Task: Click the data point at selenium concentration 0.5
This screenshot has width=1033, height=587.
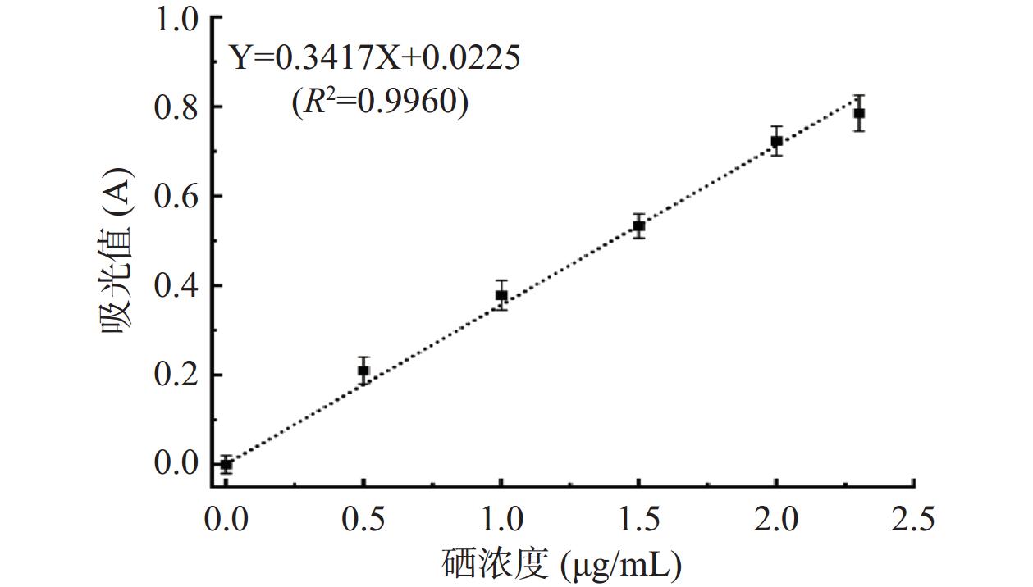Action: pyautogui.click(x=363, y=371)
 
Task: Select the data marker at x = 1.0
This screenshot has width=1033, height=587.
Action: pyautogui.click(x=501, y=296)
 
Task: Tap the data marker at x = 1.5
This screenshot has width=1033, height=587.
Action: pyautogui.click(x=639, y=225)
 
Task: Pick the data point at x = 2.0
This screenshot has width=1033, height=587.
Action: pyautogui.click(x=776, y=141)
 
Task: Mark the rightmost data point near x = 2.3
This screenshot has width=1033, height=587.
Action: pyautogui.click(x=859, y=113)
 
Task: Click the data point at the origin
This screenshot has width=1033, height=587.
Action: pyautogui.click(x=226, y=465)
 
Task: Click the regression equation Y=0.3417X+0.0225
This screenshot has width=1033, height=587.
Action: pyautogui.click(x=374, y=57)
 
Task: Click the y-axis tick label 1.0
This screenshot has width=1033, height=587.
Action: pyautogui.click(x=176, y=18)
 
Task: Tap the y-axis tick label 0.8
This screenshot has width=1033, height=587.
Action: pyautogui.click(x=176, y=107)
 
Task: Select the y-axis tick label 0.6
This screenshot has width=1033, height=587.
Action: pyautogui.click(x=176, y=197)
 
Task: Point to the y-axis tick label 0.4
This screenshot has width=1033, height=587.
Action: pyautogui.click(x=176, y=286)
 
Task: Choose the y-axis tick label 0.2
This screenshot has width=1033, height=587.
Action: pyautogui.click(x=176, y=375)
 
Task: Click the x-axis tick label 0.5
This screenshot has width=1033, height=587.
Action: pyautogui.click(x=363, y=518)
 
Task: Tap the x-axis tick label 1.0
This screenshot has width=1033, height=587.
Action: pyautogui.click(x=501, y=518)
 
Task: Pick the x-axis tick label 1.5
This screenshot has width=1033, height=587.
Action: pyautogui.click(x=639, y=518)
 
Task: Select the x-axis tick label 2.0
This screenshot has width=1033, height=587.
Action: pyautogui.click(x=776, y=518)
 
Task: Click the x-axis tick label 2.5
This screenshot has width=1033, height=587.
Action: pyautogui.click(x=914, y=518)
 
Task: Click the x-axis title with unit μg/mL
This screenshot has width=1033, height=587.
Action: pyautogui.click(x=561, y=564)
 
